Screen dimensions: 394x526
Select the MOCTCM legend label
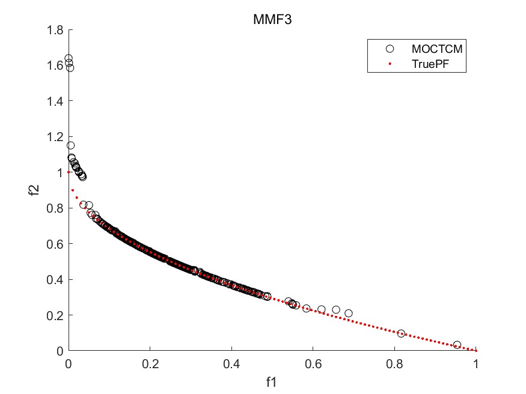(x=436, y=48)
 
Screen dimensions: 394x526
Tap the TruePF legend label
(x=429, y=63)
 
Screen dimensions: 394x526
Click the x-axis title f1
(x=272, y=380)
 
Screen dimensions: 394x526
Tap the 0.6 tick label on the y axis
(x=55, y=243)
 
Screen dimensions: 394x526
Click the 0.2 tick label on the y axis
(x=55, y=315)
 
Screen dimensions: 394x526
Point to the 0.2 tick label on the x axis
(x=150, y=363)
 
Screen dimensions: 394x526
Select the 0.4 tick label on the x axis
(x=231, y=363)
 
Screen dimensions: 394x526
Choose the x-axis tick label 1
(x=476, y=363)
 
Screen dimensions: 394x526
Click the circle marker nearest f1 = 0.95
(x=457, y=345)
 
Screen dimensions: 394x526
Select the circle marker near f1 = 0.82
(x=401, y=333)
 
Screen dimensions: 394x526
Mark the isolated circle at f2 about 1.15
(x=71, y=145)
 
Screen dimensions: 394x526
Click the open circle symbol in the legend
(x=389, y=48)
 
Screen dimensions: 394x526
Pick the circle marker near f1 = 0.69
(x=349, y=313)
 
